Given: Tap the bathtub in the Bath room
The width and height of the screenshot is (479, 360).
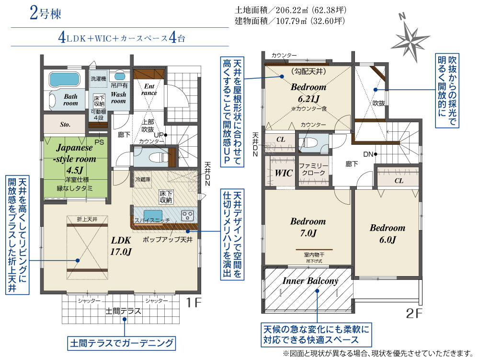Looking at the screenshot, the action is pos(65,80).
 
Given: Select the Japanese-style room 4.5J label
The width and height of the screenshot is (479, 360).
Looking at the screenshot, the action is pos(75,159).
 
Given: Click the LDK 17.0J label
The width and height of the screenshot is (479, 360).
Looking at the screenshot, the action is pos(121,246).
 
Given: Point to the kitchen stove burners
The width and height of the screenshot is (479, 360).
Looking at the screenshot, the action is pos(187,215).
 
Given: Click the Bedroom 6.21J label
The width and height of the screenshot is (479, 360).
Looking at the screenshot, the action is pos(308,93).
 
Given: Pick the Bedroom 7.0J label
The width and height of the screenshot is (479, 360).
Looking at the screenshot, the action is pos(308,227).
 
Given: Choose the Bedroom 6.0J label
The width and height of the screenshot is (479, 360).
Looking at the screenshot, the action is pos(388,233).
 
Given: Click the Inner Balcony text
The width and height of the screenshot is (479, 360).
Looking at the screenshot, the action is pos(310,281).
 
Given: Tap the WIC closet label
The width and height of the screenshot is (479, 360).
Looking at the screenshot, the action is pos(284,173).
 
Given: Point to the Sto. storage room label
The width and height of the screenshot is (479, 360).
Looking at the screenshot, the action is pos(65,124).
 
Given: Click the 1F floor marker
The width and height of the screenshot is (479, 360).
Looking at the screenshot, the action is pos(194,302).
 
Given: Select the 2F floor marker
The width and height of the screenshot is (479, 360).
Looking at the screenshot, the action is pos(414,314).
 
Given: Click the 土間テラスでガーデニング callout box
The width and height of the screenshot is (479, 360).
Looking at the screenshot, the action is pos(122,343).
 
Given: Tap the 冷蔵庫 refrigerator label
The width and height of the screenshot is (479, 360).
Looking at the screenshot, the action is pos(143,179).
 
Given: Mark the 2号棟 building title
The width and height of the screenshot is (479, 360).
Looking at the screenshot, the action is pos(46,13).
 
